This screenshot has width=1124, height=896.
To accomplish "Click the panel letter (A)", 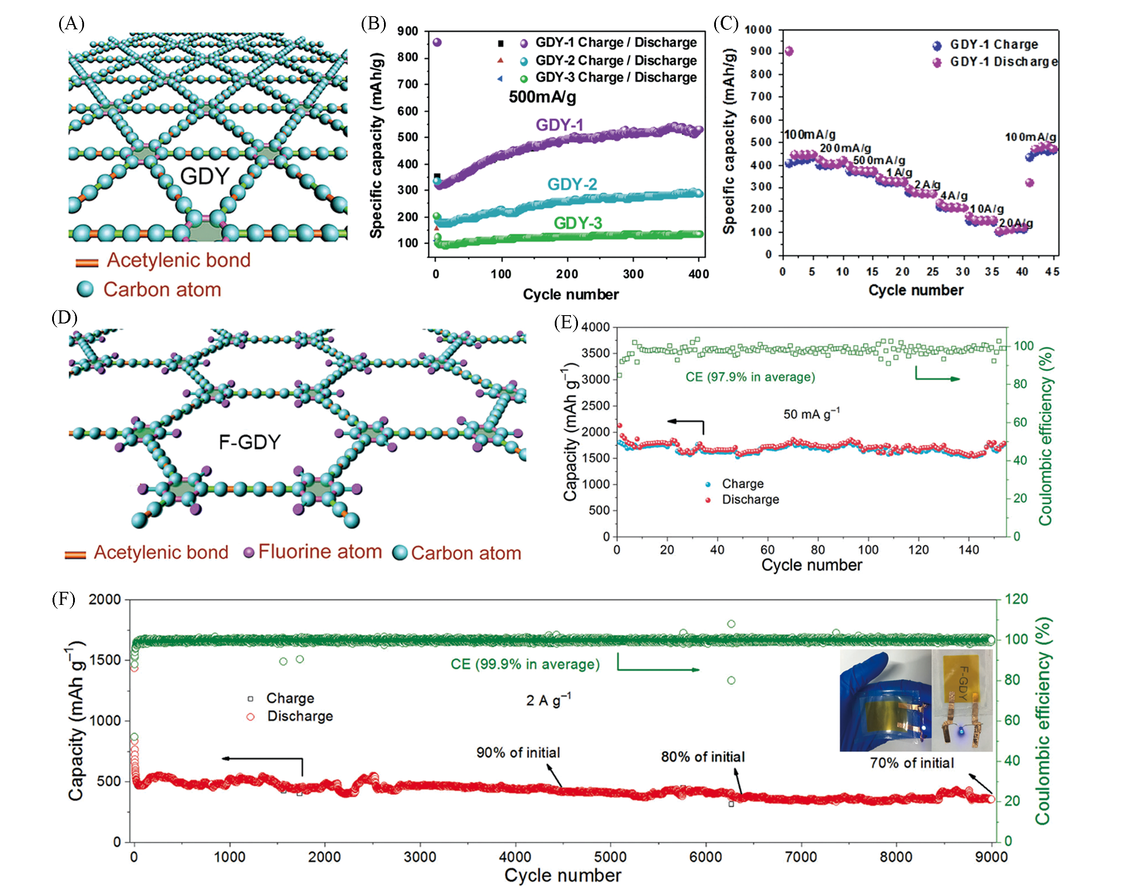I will point(71,24).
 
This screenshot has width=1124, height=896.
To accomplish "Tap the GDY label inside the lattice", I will point(204,176).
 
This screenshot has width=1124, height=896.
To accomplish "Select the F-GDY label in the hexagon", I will point(249,443).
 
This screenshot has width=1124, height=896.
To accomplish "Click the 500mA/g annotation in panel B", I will point(542,97).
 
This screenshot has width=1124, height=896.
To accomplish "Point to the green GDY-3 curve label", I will point(578,223).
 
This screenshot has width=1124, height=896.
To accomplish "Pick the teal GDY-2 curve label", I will point(572,184).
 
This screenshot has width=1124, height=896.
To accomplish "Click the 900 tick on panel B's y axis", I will point(407,31).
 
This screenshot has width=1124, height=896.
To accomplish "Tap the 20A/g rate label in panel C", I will point(1015,223).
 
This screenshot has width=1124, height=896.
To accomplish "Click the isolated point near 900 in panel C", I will point(789,51).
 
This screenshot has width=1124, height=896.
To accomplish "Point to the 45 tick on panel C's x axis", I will point(1052,271).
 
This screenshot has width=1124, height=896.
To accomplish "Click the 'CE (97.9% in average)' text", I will point(750,377).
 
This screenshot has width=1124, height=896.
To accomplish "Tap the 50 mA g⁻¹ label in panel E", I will point(811,414).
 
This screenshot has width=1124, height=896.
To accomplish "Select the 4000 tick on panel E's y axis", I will point(595,327).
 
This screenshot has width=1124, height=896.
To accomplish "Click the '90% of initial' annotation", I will point(518,753).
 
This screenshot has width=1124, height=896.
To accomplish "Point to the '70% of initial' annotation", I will point(912,763).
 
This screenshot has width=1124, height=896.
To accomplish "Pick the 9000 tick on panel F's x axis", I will point(990,857).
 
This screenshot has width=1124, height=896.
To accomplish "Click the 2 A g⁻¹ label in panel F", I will point(548,699).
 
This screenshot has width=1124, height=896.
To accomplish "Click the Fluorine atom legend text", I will point(320,552).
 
